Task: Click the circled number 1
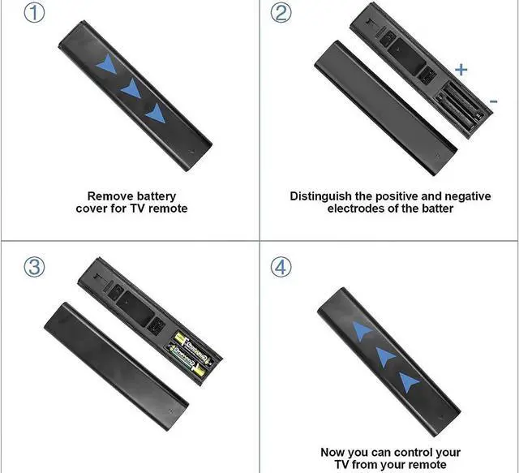coord(34,13)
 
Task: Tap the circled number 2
coord(281,13)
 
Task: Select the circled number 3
coord(34,267)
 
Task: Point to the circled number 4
coord(281,267)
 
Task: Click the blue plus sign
coord(461,70)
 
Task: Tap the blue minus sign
coord(494,101)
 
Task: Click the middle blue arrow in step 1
coord(131,88)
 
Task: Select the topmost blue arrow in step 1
coord(106,64)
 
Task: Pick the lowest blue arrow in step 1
coord(156,114)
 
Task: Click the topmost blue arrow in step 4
coord(362,330)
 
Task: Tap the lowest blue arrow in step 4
coord(408,382)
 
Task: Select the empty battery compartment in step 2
coord(461,105)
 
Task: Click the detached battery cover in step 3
coord(117,366)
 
